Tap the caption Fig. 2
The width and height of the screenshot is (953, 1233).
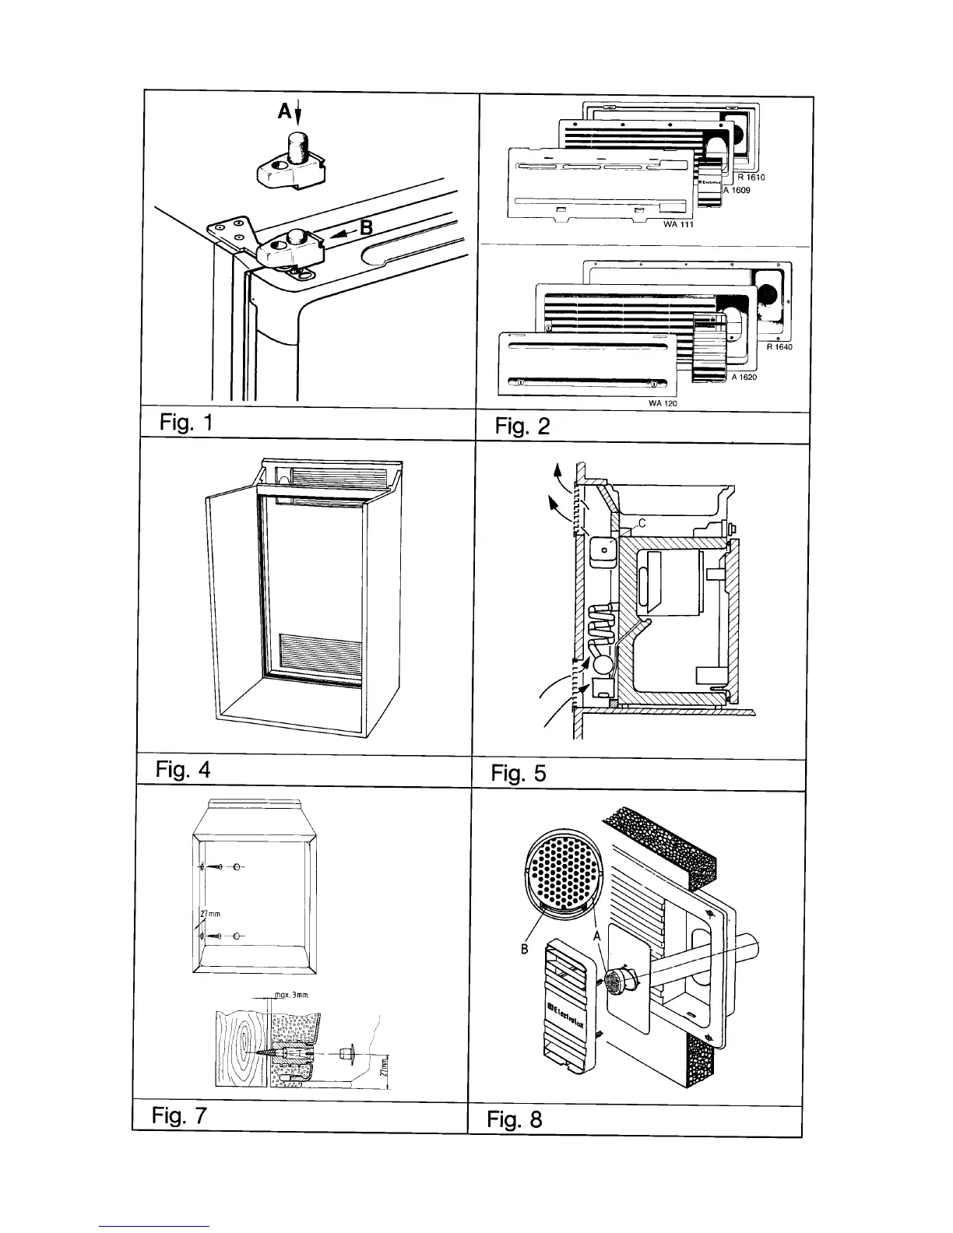522,427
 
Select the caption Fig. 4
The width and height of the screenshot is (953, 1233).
183,770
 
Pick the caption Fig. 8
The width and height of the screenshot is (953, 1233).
513,1119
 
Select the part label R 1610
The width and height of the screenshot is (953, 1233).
751,177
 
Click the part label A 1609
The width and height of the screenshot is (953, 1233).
736,190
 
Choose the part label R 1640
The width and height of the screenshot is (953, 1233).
778,347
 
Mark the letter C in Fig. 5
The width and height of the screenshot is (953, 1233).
642,522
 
